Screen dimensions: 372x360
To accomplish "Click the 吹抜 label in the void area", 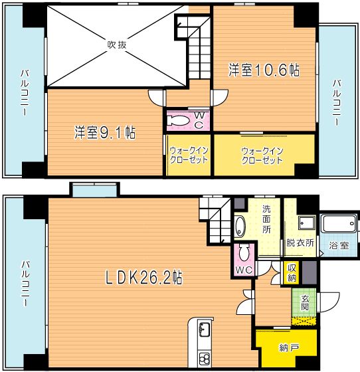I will [x=117, y=45].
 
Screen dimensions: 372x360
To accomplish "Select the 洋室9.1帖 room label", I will [x=104, y=132].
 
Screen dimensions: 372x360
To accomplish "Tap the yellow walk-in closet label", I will [x=262, y=155].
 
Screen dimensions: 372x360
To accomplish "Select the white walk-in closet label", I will [x=189, y=155].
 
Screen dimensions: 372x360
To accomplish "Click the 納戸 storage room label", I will [x=288, y=347].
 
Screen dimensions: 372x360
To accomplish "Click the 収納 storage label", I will [x=291, y=272].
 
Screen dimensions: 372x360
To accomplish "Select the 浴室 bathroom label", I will [x=339, y=245].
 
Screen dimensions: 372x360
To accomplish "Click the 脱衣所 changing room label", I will [x=299, y=243].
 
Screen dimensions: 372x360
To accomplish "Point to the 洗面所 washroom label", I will [x=266, y=219].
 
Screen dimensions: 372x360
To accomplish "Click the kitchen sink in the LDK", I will [x=205, y=331].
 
